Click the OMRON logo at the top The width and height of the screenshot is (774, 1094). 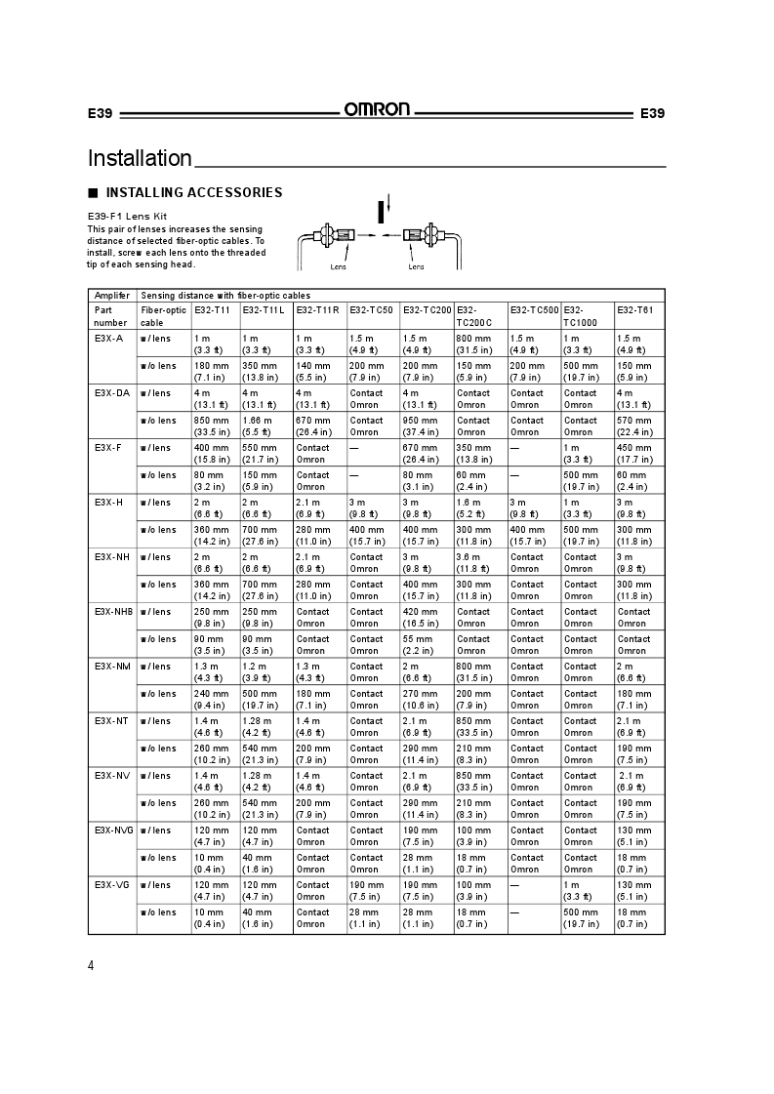coord(376,110)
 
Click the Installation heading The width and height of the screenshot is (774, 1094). coord(140,158)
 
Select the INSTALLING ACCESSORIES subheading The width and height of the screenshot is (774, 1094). coord(193,192)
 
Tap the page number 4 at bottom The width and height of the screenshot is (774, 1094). coord(91,966)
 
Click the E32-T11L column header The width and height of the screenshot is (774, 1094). coord(263,310)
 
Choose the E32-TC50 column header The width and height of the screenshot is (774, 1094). coord(371,310)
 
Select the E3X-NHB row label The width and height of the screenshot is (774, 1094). coord(113,611)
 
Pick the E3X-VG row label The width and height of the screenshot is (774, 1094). coord(111,884)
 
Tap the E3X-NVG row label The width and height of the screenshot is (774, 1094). coord(113,830)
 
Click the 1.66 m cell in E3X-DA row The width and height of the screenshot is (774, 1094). coord(257,420)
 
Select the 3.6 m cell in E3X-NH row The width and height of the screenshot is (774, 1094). coord(468,556)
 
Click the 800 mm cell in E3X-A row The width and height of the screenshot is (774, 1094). coord(473,338)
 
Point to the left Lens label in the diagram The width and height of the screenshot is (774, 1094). coord(338,265)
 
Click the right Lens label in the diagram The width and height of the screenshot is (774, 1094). coord(416,265)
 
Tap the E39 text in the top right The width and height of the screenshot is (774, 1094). coord(652,113)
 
